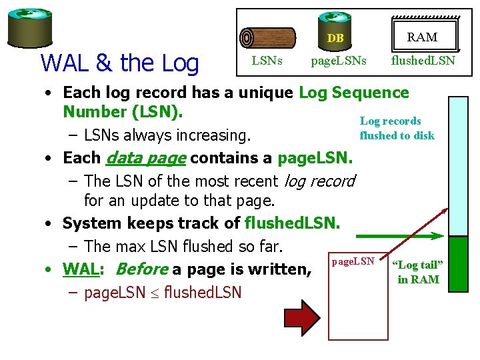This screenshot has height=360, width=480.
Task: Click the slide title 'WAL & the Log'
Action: [120, 63]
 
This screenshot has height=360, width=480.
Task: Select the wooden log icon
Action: [267, 37]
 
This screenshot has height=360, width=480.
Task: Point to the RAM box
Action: [423, 37]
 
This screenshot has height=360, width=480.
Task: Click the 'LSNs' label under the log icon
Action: [267, 61]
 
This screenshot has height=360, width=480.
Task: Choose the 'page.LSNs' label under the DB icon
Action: [339, 61]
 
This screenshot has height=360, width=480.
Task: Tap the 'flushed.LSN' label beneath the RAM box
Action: [423, 61]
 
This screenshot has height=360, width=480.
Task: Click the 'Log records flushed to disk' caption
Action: [397, 128]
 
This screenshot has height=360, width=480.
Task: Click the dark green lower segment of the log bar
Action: [459, 264]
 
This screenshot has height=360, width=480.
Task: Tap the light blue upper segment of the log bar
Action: [459, 167]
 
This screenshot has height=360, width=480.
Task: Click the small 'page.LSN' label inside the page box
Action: [353, 261]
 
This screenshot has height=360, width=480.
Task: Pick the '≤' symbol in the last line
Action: [155, 293]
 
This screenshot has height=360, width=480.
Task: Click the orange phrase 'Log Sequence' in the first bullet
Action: [354, 93]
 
